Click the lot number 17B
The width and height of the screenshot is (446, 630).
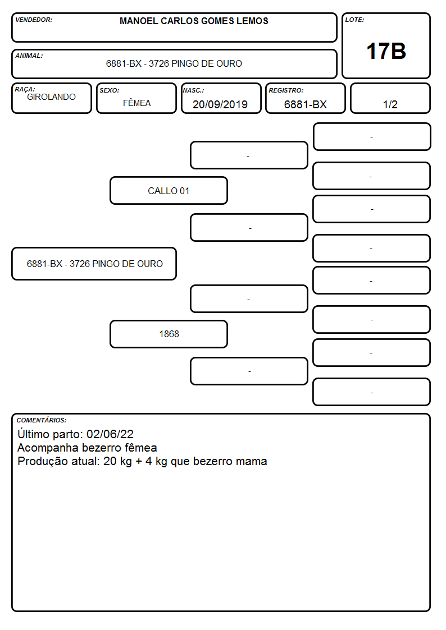click(x=386, y=51)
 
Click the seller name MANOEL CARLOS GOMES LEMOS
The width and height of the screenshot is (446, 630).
click(x=194, y=21)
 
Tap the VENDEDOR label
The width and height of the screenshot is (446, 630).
click(x=34, y=20)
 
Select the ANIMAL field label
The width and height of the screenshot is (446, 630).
click(x=29, y=56)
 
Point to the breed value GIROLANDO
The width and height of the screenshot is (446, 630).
click(x=51, y=97)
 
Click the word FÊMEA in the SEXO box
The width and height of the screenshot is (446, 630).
click(x=136, y=103)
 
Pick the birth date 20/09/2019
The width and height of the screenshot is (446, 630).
click(x=220, y=104)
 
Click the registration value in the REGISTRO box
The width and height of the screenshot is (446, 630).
click(x=305, y=104)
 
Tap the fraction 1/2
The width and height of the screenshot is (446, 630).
click(x=390, y=104)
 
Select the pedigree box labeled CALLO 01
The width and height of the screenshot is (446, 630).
click(x=169, y=190)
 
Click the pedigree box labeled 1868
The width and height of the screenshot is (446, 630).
click(x=169, y=334)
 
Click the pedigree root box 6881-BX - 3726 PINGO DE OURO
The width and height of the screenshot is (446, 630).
click(x=94, y=264)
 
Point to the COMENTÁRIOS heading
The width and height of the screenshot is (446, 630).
click(x=42, y=420)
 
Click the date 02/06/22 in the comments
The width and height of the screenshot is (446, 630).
click(x=110, y=434)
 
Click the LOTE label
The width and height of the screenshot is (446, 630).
click(x=354, y=20)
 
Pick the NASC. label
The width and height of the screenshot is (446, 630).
click(x=193, y=91)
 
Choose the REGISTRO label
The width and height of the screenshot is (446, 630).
click(x=286, y=91)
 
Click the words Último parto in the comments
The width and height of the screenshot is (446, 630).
click(x=50, y=434)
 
